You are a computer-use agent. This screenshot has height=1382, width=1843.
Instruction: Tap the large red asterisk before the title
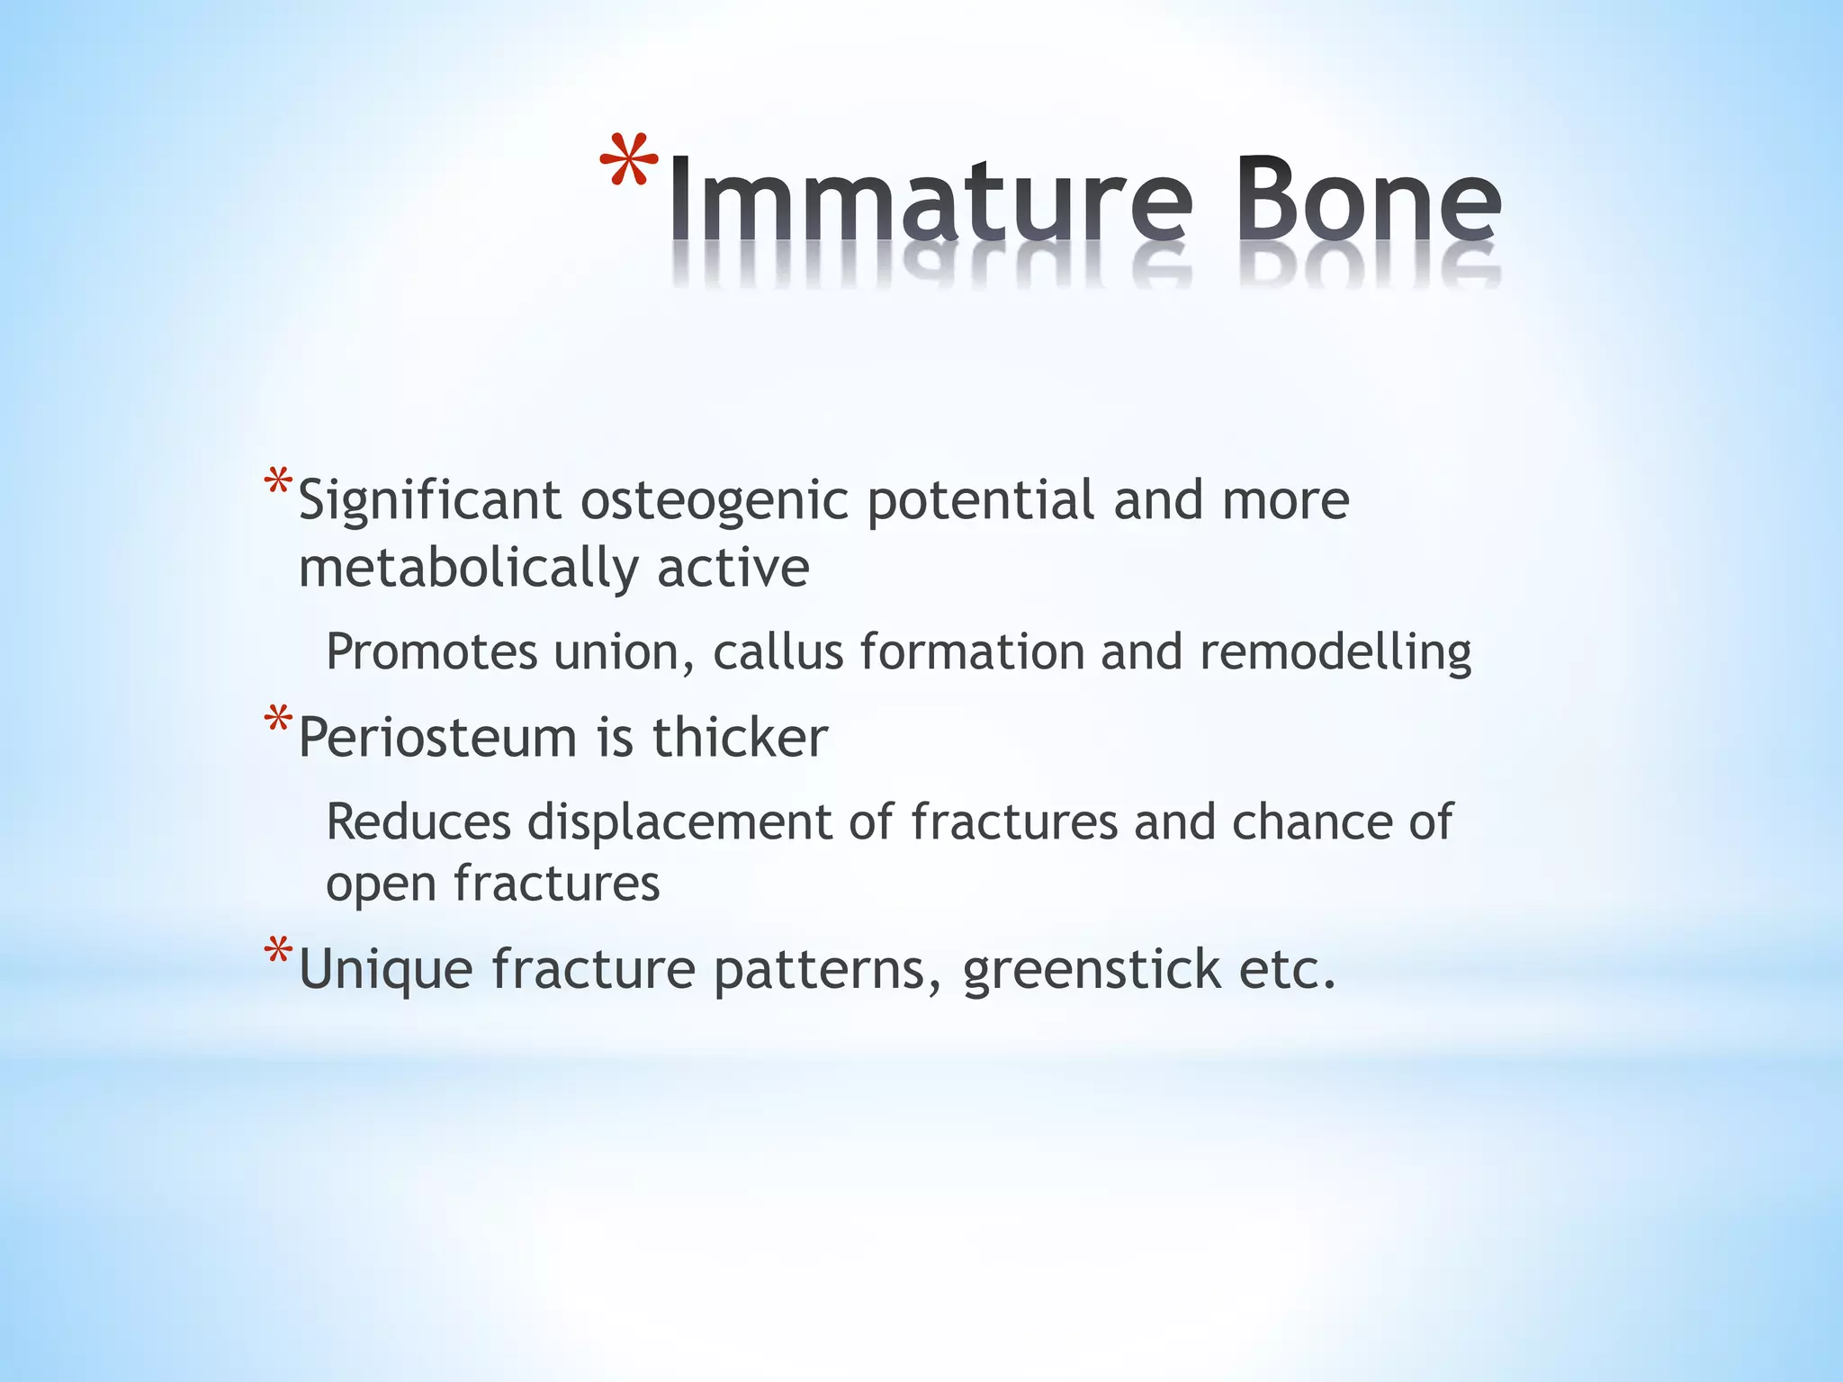629,162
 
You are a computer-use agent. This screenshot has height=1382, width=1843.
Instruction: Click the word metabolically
468,569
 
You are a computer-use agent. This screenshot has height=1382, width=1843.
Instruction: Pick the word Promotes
431,651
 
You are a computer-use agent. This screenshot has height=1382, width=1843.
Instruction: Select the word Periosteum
437,738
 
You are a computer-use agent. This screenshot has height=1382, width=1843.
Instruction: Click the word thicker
739,738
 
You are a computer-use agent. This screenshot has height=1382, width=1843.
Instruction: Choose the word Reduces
418,822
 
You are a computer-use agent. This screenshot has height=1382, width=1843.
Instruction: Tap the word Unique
385,970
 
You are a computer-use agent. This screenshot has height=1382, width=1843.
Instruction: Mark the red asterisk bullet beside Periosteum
278,720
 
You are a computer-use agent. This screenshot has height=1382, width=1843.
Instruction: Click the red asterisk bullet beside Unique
278,951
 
